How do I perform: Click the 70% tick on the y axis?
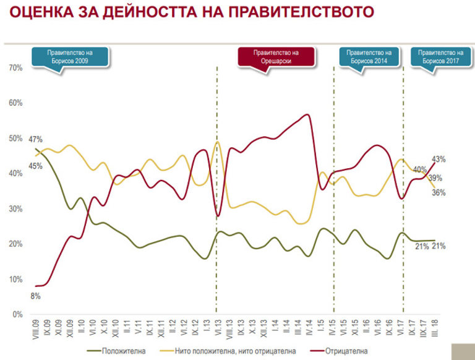(x=15, y=67)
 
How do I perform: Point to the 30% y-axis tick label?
(x=15, y=209)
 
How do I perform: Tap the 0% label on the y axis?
(x=17, y=315)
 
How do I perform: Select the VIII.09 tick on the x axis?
(x=35, y=328)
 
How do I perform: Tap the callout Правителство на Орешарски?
(x=276, y=58)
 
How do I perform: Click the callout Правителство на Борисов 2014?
(x=369, y=58)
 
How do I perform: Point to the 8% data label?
(x=36, y=296)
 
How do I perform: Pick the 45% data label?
(x=35, y=166)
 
